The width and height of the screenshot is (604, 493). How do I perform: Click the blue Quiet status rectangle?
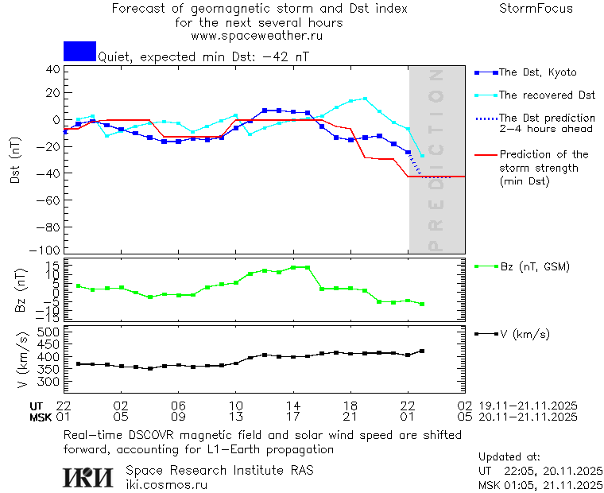(79, 51)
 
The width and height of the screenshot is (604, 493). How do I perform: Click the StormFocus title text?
(536, 9)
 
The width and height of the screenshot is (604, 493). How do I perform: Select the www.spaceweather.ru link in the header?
(257, 36)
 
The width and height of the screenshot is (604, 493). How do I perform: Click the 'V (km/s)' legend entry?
(525, 334)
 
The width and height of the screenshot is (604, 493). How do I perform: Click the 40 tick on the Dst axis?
(52, 69)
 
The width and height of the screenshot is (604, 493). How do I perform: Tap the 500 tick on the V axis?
(49, 331)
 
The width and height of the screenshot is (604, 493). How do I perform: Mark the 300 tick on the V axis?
(49, 382)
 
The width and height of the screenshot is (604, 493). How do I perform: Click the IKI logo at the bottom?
(89, 476)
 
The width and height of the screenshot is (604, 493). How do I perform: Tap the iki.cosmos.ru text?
(167, 484)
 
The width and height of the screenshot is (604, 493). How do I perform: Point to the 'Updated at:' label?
(509, 457)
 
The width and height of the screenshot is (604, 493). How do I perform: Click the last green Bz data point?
(422, 304)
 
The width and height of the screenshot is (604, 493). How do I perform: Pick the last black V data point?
(422, 351)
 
